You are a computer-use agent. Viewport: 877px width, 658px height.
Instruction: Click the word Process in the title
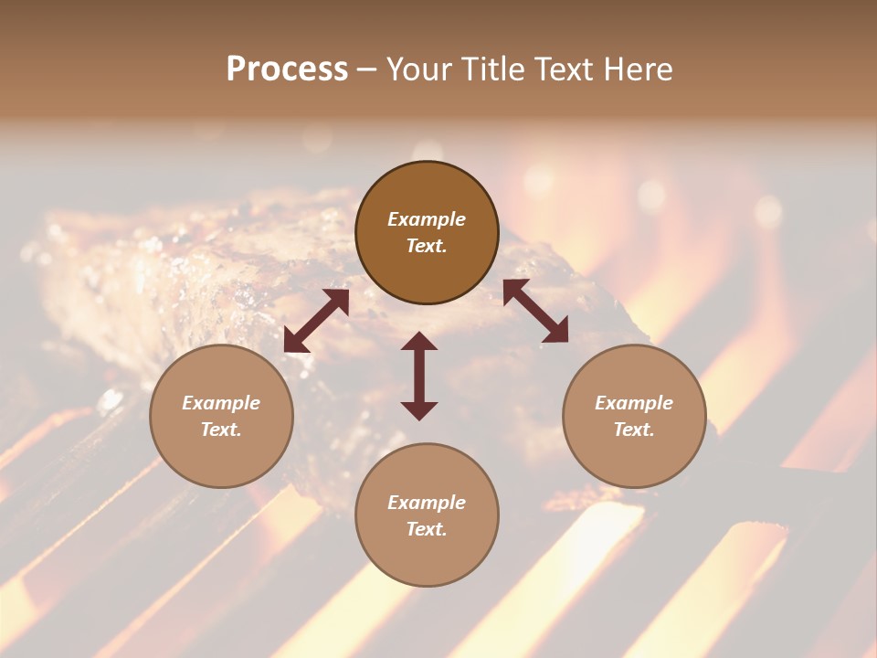pyautogui.click(x=287, y=69)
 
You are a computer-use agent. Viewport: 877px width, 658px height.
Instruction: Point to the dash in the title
pyautogui.click(x=367, y=71)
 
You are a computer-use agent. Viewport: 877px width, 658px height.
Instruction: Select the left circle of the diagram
pyautogui.click(x=221, y=417)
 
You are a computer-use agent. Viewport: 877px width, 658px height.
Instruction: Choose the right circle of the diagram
pyautogui.click(x=634, y=417)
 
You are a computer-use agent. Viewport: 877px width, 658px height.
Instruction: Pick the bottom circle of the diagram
pyautogui.click(x=427, y=515)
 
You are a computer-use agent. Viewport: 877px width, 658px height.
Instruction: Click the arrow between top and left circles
pyautogui.click(x=316, y=321)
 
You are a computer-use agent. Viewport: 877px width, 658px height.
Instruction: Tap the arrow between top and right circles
pyautogui.click(x=535, y=311)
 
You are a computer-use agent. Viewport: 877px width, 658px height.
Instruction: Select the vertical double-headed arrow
pyautogui.click(x=419, y=376)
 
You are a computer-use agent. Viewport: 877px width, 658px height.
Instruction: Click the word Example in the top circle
pyautogui.click(x=427, y=219)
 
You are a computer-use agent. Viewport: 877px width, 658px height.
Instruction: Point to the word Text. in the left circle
pyautogui.click(x=221, y=430)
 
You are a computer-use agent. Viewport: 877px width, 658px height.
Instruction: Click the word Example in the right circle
pyautogui.click(x=634, y=403)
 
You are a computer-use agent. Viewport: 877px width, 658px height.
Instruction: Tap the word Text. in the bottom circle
pyautogui.click(x=427, y=529)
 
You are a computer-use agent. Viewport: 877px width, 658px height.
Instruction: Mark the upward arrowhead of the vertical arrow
pyautogui.click(x=419, y=341)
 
